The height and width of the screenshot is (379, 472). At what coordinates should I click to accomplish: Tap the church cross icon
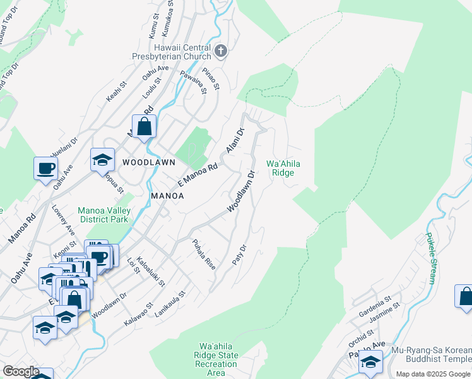pos(220,51)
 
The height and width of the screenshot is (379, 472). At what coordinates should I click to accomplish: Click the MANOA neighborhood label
pos(167,196)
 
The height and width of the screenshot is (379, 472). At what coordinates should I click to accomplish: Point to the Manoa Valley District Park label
pos(103,215)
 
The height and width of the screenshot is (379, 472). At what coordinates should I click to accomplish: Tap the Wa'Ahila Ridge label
pos(283,168)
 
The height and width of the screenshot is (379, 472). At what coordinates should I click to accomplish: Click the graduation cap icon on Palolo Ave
pos(370,361)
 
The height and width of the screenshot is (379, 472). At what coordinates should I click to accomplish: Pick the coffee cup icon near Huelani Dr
pos(46,168)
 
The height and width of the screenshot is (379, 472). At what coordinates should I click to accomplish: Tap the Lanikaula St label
pos(174,303)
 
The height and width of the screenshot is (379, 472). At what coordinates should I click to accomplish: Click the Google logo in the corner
pos(21,371)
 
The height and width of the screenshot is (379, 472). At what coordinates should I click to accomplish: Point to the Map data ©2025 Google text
pos(434,374)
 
